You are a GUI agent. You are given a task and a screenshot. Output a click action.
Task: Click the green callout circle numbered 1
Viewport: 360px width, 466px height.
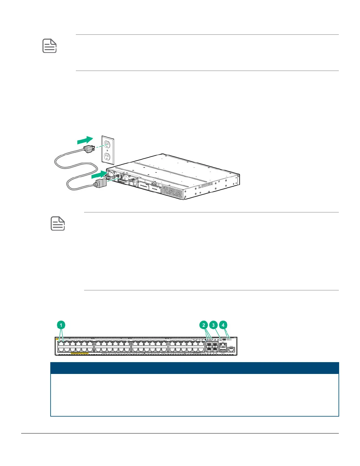(61, 325)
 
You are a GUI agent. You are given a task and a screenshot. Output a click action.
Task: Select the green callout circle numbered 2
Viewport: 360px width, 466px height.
(204, 325)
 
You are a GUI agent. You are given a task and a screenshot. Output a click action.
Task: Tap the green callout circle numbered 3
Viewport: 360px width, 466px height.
(213, 325)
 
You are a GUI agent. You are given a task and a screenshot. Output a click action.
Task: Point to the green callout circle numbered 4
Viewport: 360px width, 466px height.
(223, 325)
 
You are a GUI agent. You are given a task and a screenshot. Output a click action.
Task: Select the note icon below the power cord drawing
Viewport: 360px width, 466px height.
(58, 224)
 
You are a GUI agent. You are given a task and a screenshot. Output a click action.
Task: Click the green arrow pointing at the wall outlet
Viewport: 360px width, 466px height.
(85, 140)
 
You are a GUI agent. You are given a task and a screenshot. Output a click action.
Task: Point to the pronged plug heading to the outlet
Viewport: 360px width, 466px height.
(89, 149)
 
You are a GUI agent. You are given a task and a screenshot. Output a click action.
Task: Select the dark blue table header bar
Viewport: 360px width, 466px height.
(195, 368)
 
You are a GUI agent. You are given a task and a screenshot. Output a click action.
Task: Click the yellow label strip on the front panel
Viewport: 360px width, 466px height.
(79, 353)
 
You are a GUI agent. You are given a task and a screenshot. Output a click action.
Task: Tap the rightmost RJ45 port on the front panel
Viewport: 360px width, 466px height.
(231, 349)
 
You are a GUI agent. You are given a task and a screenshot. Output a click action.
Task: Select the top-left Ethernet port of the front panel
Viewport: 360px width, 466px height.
(61, 343)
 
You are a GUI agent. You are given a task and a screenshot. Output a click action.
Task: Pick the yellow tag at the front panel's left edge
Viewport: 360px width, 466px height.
(57, 339)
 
